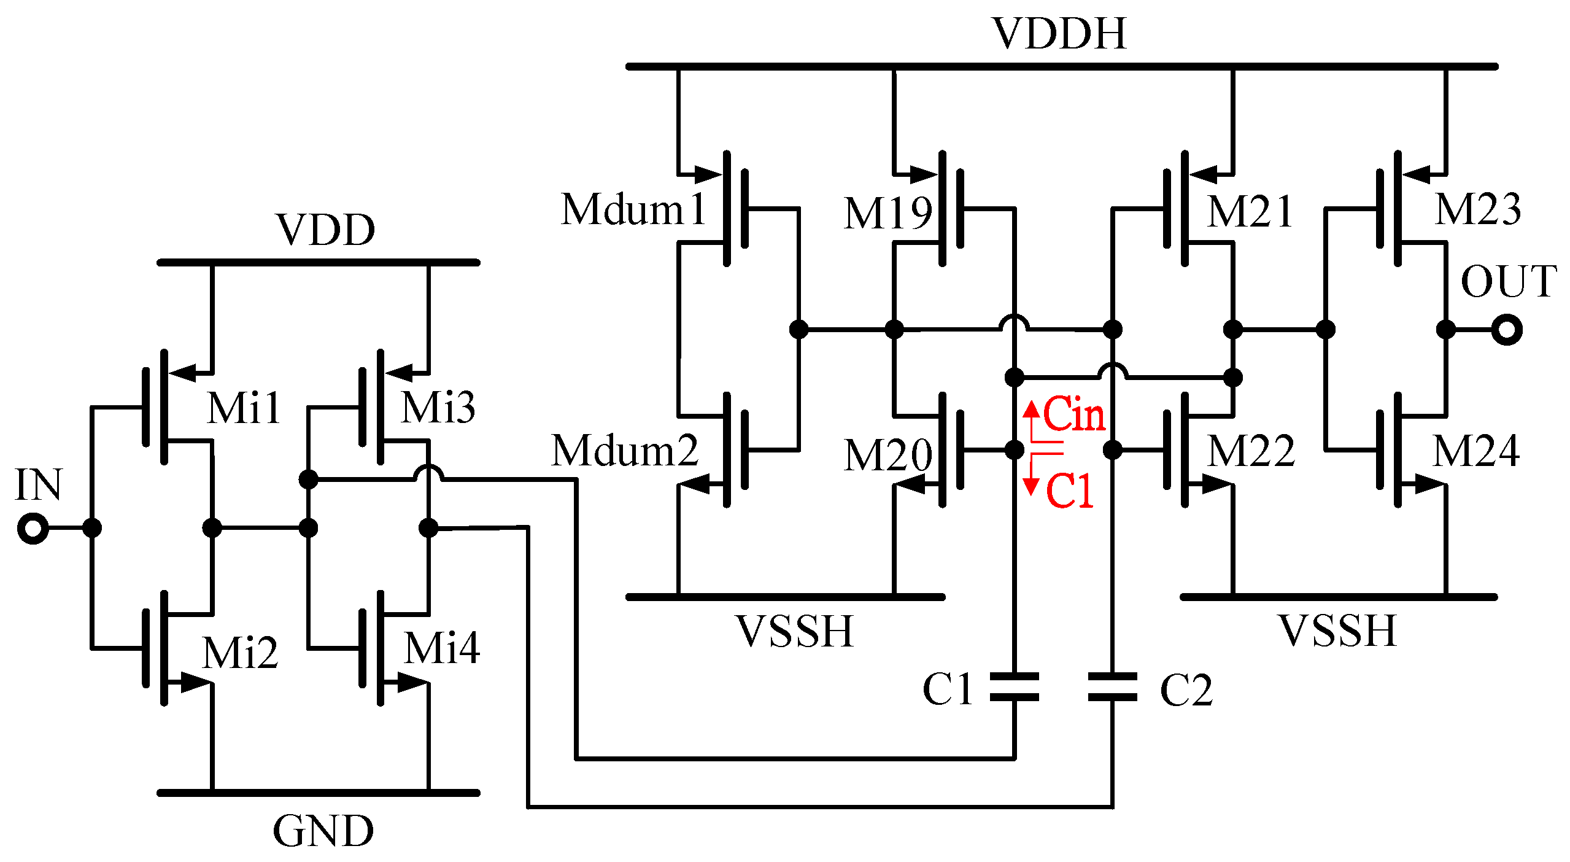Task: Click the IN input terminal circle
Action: pos(33,529)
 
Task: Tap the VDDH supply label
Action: pos(1060,34)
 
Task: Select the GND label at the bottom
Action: pos(323,831)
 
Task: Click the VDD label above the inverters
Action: pos(326,230)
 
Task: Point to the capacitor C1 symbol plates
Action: pos(1015,687)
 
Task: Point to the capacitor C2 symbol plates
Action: pos(1112,687)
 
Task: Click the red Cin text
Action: pos(1074,414)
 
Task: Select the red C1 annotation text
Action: pos(1070,491)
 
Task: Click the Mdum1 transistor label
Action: pos(633,210)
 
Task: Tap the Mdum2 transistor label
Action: pos(625,451)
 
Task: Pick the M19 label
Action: pos(887,214)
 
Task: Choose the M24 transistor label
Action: pos(1476,451)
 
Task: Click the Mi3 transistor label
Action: pos(438,408)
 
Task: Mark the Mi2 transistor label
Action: pos(240,653)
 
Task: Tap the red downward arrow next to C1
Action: pos(1031,482)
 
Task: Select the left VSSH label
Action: pos(794,631)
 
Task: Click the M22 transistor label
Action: pos(1251,451)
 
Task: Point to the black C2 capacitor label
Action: pos(1186,690)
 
